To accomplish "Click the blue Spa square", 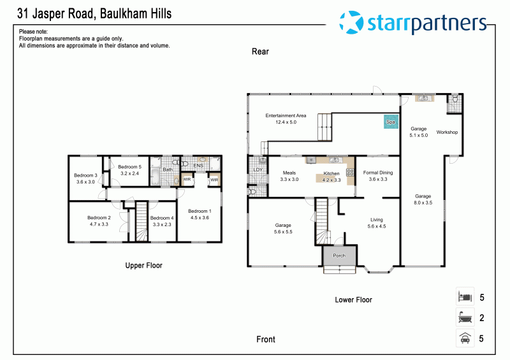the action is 391,122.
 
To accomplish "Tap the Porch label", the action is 339,256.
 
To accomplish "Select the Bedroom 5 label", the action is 130,167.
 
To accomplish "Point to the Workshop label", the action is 447,132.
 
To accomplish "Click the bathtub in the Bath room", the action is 155,176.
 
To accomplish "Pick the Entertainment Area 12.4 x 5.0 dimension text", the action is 286,122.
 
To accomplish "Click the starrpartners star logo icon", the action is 351,22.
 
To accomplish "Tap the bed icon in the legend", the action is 465,297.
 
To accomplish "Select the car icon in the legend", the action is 465,338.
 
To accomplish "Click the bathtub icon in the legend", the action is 465,317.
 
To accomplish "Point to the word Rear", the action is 260,52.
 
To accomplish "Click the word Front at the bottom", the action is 266,339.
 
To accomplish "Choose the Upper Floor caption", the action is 144,265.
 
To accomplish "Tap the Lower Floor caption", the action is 354,299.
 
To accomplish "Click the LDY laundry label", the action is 258,169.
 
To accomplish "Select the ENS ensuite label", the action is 198,166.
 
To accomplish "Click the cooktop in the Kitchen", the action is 350,173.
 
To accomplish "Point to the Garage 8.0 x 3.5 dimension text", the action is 423,203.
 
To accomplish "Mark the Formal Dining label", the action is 378,173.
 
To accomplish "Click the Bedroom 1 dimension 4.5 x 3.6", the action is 200,217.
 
